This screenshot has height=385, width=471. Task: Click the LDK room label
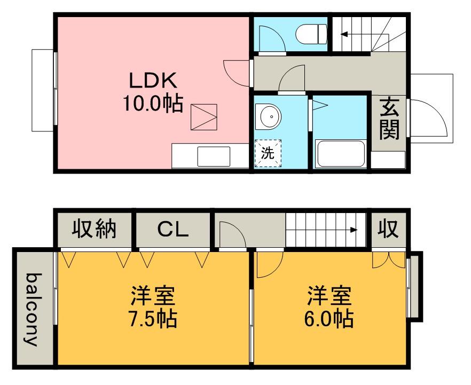pos(153,81)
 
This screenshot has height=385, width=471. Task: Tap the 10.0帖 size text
pos(153,103)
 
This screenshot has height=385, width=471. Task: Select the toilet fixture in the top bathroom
pos(311,34)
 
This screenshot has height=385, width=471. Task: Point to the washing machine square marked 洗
pos(268,153)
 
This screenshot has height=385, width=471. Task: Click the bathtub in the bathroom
pos(340,153)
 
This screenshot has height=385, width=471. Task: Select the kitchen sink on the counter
pos(214,156)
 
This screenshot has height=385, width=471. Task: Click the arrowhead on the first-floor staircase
pos(344,34)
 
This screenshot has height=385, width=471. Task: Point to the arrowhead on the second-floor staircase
pos(354,230)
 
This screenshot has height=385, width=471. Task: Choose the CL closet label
pos(172,230)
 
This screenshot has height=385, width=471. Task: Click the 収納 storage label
pos(94,230)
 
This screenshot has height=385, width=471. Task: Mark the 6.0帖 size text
pos(329,319)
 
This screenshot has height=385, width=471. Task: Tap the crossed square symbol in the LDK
pos(204,117)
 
